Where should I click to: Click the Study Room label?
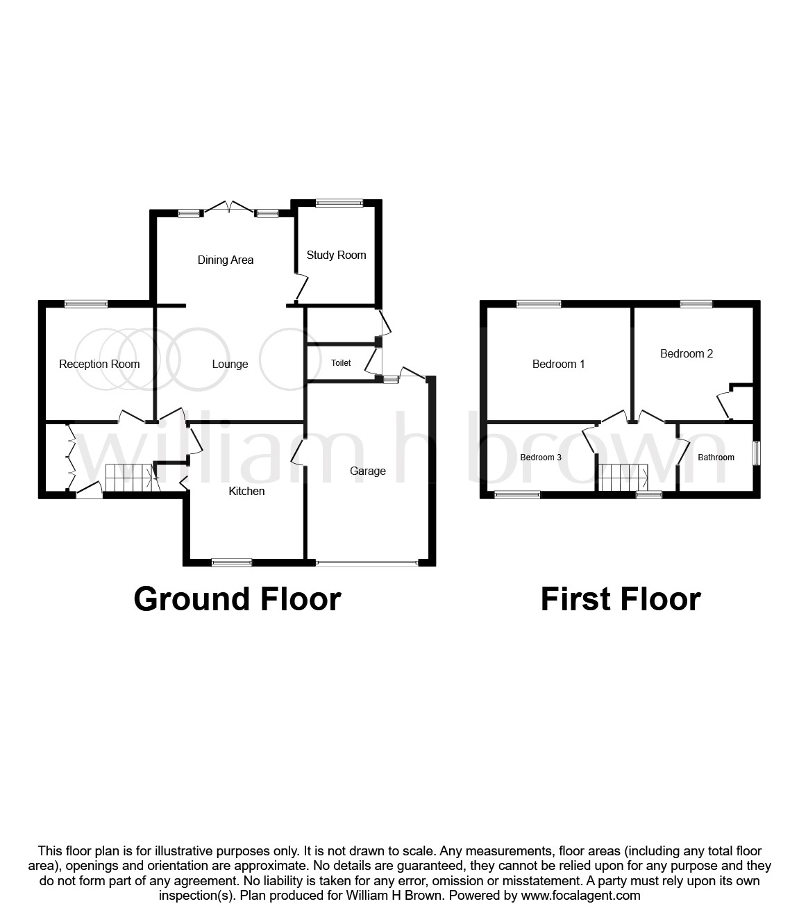pos(336,255)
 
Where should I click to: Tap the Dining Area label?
pos(226,260)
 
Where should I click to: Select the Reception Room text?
pos(99,364)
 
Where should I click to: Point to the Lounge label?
pos(230,364)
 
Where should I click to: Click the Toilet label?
pos(341,363)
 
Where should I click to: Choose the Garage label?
pos(367,471)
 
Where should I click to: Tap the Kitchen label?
pos(246,492)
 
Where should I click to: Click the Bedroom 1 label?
pos(558,364)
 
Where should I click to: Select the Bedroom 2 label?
pos(686,354)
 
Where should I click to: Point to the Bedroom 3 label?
pos(541,458)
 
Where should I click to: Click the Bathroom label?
pos(716,458)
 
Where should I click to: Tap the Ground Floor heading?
pos(237,599)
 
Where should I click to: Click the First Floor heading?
pos(621,599)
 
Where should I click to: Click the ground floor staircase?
pos(129,478)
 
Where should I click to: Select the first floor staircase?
pos(623,478)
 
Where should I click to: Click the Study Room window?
pos(339,203)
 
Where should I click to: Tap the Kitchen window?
pos(232,562)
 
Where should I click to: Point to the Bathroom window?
pos(757,453)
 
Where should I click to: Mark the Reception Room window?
pos(86,303)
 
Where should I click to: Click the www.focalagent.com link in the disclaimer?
pos(580,896)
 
